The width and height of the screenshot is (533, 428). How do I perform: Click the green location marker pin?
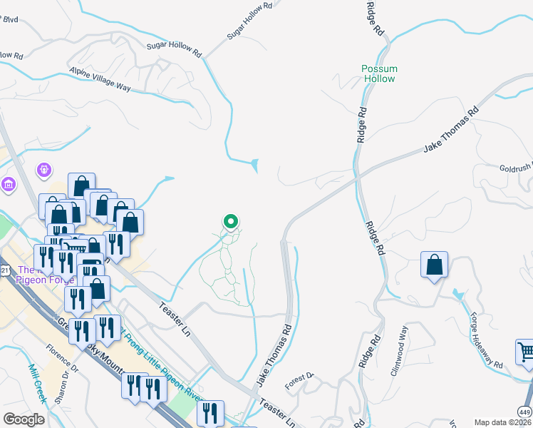click(x=231, y=223)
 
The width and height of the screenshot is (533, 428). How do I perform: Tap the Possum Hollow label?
click(x=379, y=73)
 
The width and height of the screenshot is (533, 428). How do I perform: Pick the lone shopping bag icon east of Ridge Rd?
click(x=434, y=265)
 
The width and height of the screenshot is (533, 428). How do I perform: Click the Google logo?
click(x=24, y=419)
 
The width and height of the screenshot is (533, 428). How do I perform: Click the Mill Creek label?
click(x=37, y=383)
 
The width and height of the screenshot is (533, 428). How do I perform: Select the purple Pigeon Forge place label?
click(x=36, y=275)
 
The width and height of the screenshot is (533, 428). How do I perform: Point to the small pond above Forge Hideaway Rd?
click(x=457, y=295)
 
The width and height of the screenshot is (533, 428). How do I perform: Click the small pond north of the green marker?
click(x=255, y=165)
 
